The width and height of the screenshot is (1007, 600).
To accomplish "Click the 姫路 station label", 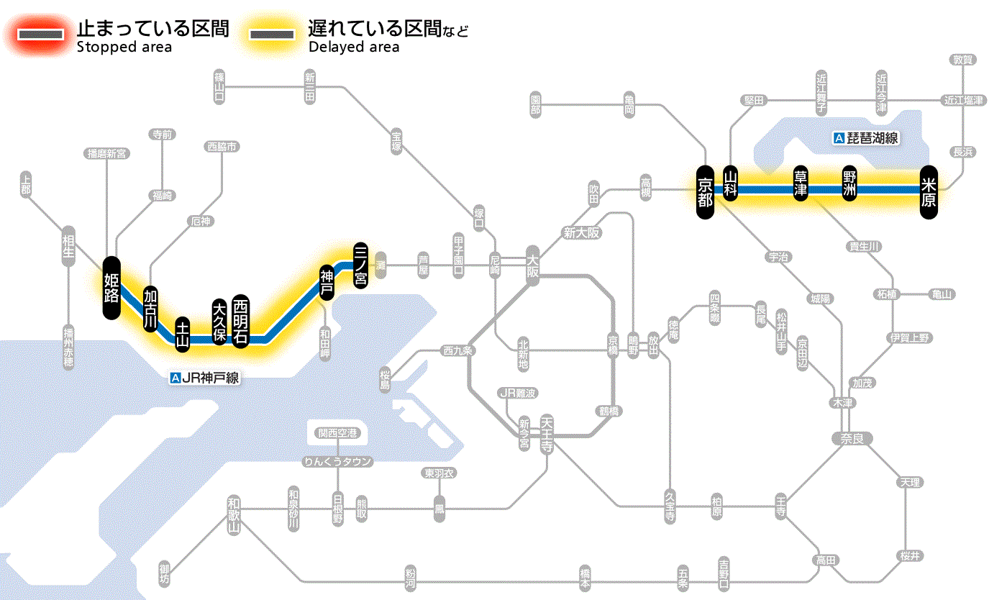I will click(111, 287).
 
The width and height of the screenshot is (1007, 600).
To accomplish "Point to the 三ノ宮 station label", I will click(360, 264).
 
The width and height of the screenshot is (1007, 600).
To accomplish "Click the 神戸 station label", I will click(327, 283).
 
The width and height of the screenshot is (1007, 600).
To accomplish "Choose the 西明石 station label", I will click(240, 321).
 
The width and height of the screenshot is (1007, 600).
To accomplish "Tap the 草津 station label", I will click(801, 183).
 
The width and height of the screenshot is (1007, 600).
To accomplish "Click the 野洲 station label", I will click(849, 183).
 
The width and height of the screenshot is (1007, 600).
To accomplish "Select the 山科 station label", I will click(731, 183).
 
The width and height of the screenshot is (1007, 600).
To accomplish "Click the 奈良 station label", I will click(851, 438).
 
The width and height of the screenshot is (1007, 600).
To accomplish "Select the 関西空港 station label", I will click(337, 433).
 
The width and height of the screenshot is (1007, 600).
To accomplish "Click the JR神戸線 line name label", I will click(204, 377).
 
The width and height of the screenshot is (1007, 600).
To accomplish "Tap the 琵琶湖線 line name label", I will click(867, 138).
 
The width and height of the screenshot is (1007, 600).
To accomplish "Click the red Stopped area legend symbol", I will click(40, 35).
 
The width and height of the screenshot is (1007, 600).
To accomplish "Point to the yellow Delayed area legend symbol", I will click(271, 35).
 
